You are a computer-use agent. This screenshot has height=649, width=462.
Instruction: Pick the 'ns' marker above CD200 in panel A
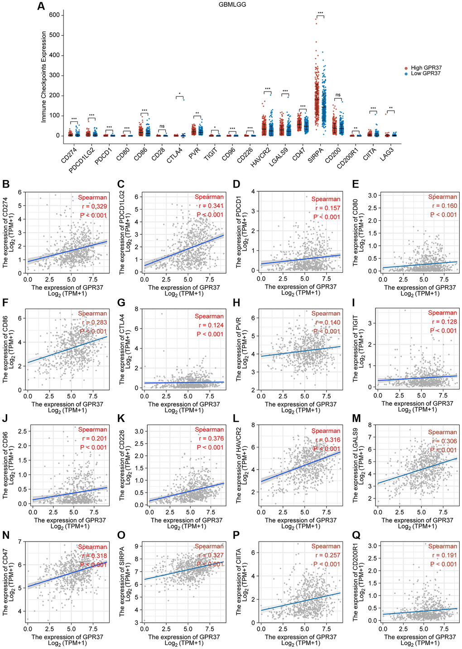coord(338,95)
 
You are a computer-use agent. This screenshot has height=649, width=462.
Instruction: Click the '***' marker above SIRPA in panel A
coord(320,13)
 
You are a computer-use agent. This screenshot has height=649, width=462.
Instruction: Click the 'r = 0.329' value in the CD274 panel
coord(95,206)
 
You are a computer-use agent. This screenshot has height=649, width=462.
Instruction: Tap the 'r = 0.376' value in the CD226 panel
coord(211,438)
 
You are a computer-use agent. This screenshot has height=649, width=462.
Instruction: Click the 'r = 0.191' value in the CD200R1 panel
coord(444,555)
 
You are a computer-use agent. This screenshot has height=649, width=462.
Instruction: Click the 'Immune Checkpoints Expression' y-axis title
coord(44,77)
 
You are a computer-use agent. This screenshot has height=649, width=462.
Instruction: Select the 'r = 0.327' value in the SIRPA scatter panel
coord(211,555)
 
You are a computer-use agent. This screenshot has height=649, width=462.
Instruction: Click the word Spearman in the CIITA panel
coord(326,546)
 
